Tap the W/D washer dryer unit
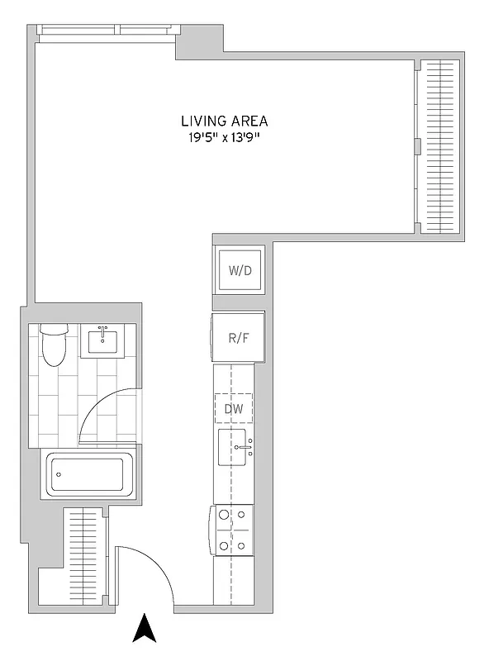tap(239, 270)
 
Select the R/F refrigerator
tap(238, 337)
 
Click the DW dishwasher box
tap(234, 408)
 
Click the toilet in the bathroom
tap(54, 348)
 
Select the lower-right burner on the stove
tap(242, 545)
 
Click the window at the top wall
tap(106, 31)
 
